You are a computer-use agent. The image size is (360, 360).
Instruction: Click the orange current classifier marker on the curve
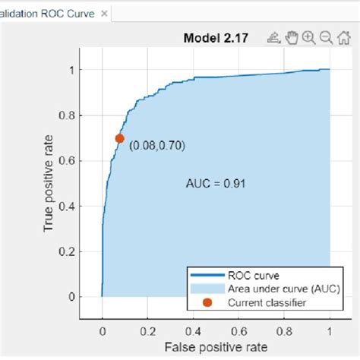(x=120, y=138)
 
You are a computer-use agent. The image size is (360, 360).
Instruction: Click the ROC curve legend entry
(x=247, y=276)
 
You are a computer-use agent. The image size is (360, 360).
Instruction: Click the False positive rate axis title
(x=216, y=348)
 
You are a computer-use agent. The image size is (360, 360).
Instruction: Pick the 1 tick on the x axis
(x=330, y=331)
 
